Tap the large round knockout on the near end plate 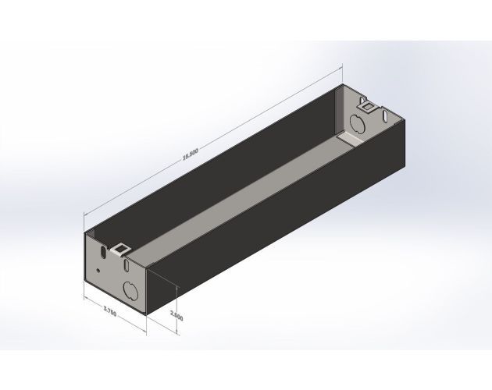click(131, 292)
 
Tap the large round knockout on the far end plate click(356, 122)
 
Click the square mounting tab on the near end click(121, 249)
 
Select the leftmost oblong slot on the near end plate click(103, 253)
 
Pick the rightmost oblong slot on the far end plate click(386, 117)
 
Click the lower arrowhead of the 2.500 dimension click(178, 333)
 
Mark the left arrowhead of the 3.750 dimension click(84, 297)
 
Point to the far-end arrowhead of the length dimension click(337, 67)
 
